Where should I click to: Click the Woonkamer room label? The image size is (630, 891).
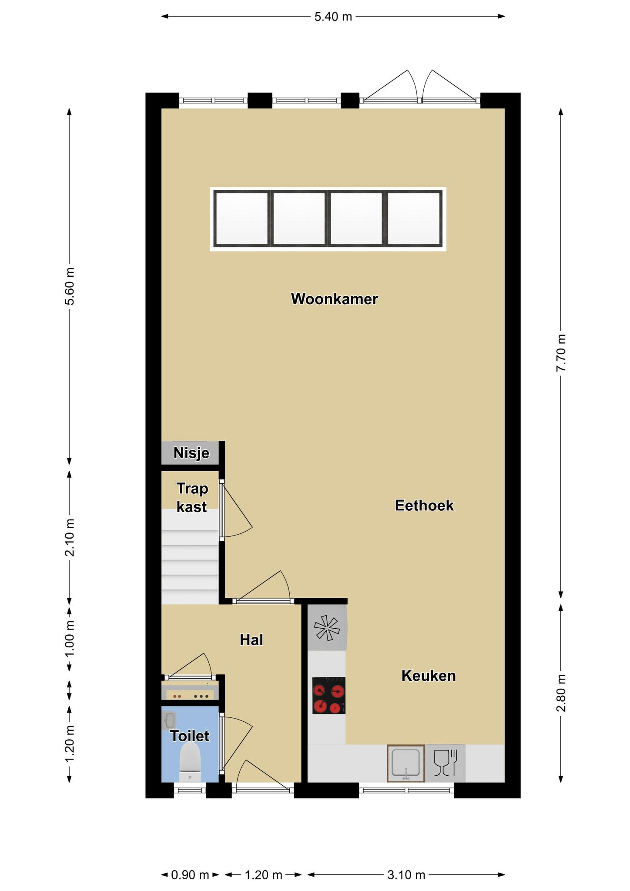[334, 299]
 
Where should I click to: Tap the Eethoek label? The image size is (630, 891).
[424, 506]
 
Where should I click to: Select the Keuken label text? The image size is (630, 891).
[429, 676]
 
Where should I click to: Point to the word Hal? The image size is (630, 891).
[251, 640]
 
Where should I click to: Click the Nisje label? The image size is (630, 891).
[191, 453]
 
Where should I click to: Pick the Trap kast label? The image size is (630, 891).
[192, 497]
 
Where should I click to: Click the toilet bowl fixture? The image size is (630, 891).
[190, 762]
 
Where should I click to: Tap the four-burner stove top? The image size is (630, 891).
[329, 695]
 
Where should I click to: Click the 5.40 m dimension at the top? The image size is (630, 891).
[333, 17]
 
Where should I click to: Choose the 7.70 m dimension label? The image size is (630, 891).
[561, 353]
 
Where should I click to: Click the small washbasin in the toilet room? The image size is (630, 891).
[169, 720]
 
